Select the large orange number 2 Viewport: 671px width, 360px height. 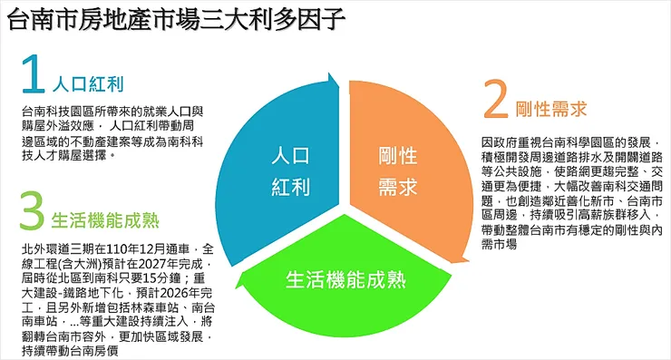pos(494,102)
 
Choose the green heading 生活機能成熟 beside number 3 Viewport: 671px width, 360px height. pos(106,220)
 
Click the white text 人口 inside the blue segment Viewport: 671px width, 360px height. pos(290,156)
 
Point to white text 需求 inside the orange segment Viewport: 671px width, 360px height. pos(397,187)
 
